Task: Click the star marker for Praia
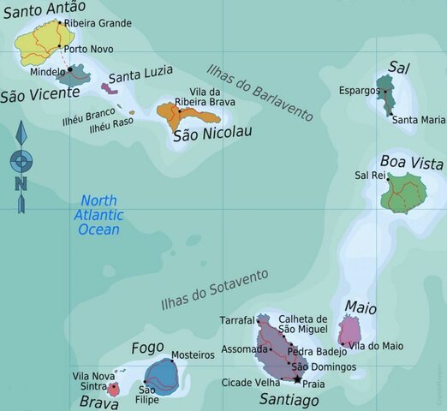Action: coord(297,378)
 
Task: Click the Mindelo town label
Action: coord(48,72)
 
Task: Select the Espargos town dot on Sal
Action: coord(386,89)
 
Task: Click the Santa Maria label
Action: coord(418,120)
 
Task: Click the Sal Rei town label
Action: coord(370,175)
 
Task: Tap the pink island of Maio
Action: coord(349,330)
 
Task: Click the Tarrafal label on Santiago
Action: coord(237,320)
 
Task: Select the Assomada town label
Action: coord(245,349)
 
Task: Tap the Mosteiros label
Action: coord(192,354)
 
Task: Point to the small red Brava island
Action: coord(113,390)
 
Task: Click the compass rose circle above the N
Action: coord(21,160)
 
